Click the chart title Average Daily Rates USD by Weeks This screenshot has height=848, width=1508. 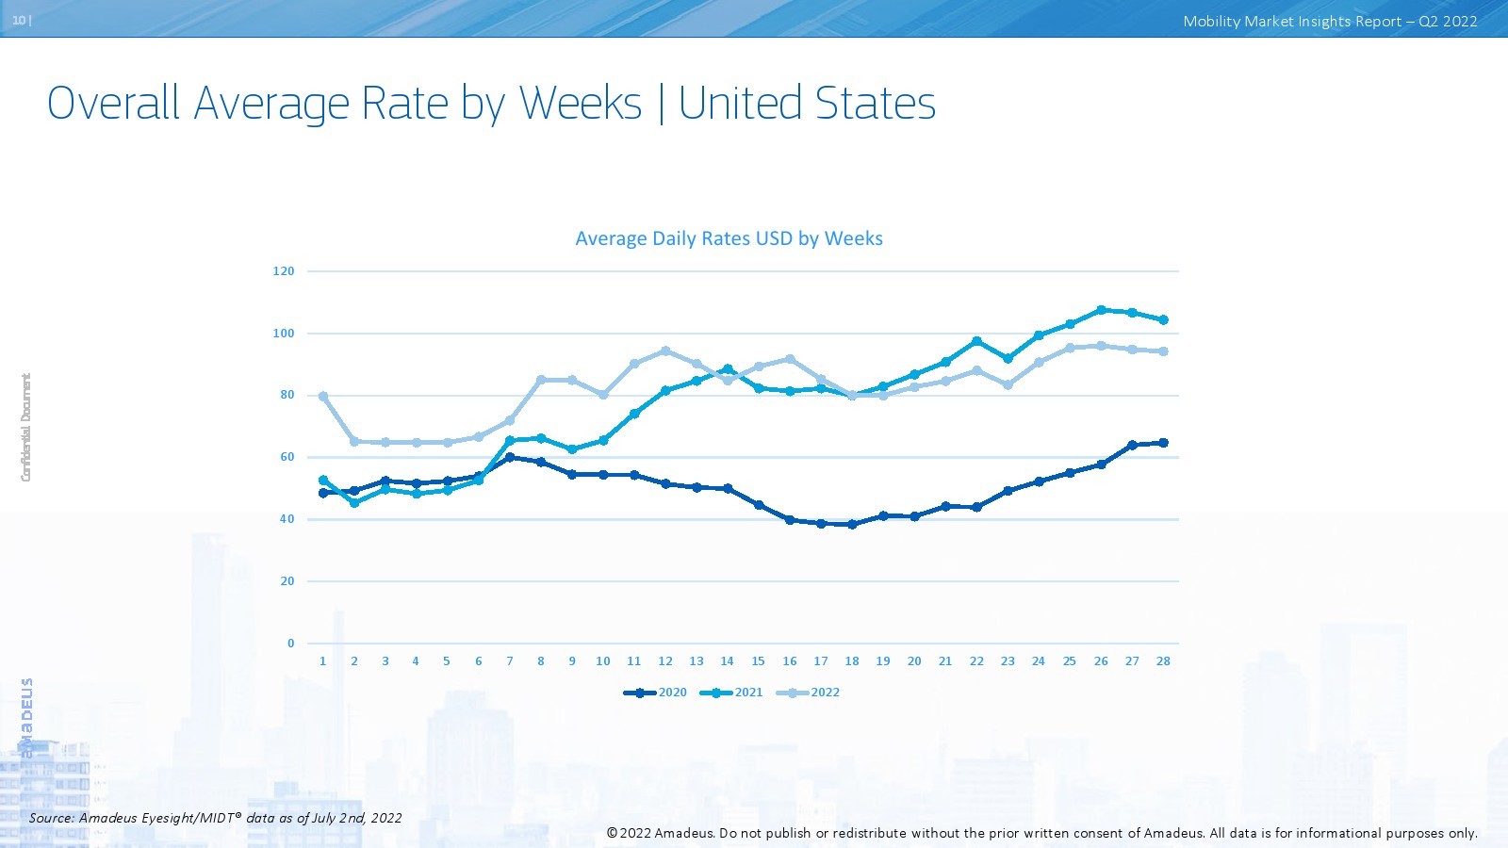point(729,238)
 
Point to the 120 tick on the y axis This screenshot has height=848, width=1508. point(284,271)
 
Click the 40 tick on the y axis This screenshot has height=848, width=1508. point(287,519)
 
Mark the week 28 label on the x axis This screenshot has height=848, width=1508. point(1163,661)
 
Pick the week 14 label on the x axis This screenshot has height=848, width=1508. point(727,661)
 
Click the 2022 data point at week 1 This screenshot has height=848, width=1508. point(323,397)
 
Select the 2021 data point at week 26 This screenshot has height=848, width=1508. point(1101,310)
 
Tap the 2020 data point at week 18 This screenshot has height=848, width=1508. point(852,525)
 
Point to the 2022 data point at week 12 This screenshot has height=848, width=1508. point(665,351)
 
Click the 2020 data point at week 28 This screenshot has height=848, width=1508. point(1163,443)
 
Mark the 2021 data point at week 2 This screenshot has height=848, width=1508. point(354,503)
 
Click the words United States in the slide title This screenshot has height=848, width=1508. point(807,103)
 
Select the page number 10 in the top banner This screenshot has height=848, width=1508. point(19,20)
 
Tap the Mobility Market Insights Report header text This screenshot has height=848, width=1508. point(1330,22)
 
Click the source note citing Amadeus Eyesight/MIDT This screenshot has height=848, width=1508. point(216,818)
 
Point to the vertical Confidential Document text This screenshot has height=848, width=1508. point(26,428)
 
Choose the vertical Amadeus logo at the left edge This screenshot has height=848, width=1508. point(26,716)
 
